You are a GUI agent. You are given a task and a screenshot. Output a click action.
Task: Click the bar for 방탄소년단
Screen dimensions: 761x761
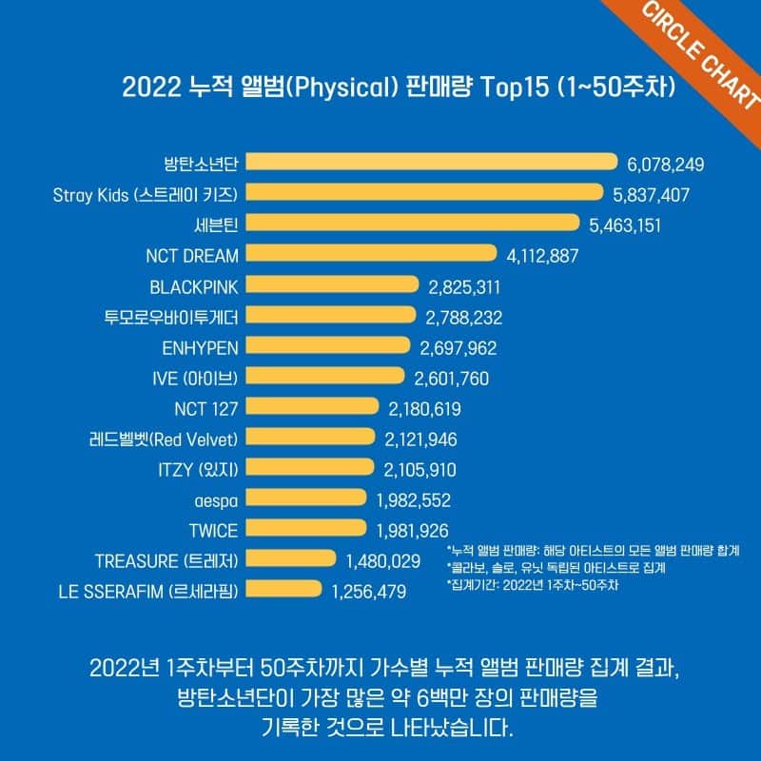tap(432, 164)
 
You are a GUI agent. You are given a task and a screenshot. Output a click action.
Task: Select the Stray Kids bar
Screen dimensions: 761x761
tap(424, 193)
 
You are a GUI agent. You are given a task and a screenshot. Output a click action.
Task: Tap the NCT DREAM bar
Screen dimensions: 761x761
tap(371, 254)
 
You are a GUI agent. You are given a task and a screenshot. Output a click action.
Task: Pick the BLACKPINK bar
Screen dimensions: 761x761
tap(332, 285)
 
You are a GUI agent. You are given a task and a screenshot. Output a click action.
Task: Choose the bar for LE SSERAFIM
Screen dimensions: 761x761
tap(284, 591)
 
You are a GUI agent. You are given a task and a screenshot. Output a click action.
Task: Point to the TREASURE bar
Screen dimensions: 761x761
tap(291, 560)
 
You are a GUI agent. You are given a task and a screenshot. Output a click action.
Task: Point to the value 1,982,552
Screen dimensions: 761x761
tap(413, 499)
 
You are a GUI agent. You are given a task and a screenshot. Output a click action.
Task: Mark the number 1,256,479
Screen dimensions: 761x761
tap(369, 592)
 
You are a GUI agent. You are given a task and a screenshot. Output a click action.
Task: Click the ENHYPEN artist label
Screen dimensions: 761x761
tap(199, 347)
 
